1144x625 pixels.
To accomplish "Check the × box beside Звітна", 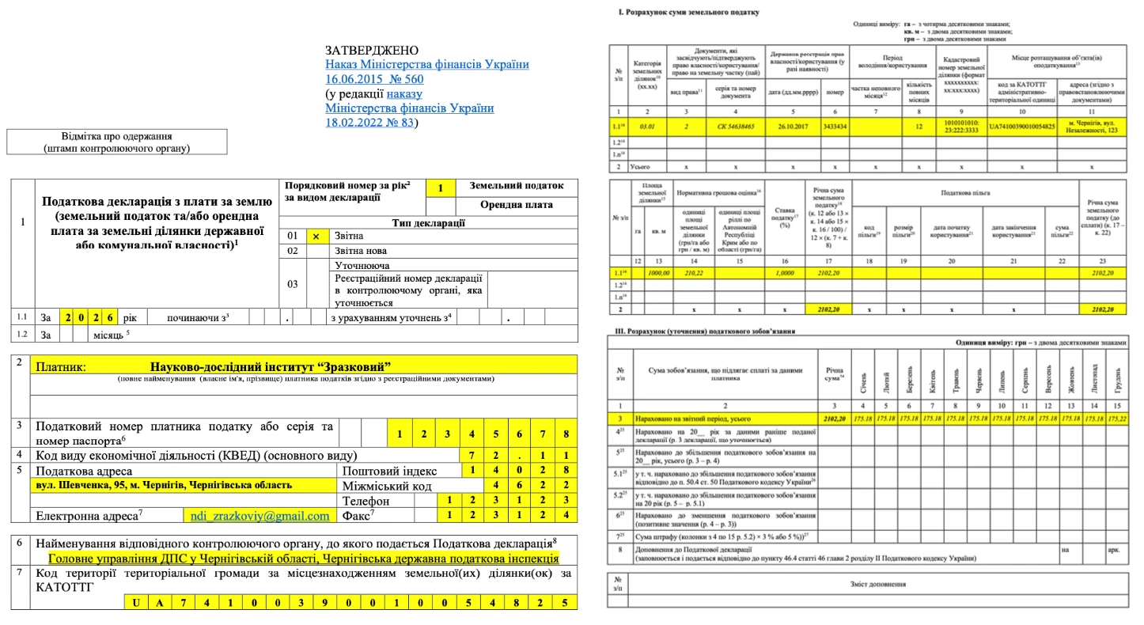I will click(x=316, y=237).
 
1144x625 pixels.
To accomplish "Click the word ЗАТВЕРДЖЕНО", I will click(x=372, y=51).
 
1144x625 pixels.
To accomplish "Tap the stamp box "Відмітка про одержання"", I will click(x=116, y=142).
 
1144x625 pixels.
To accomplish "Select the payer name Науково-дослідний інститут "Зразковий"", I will click(x=271, y=366).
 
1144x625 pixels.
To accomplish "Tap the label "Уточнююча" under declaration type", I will click(x=362, y=266).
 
